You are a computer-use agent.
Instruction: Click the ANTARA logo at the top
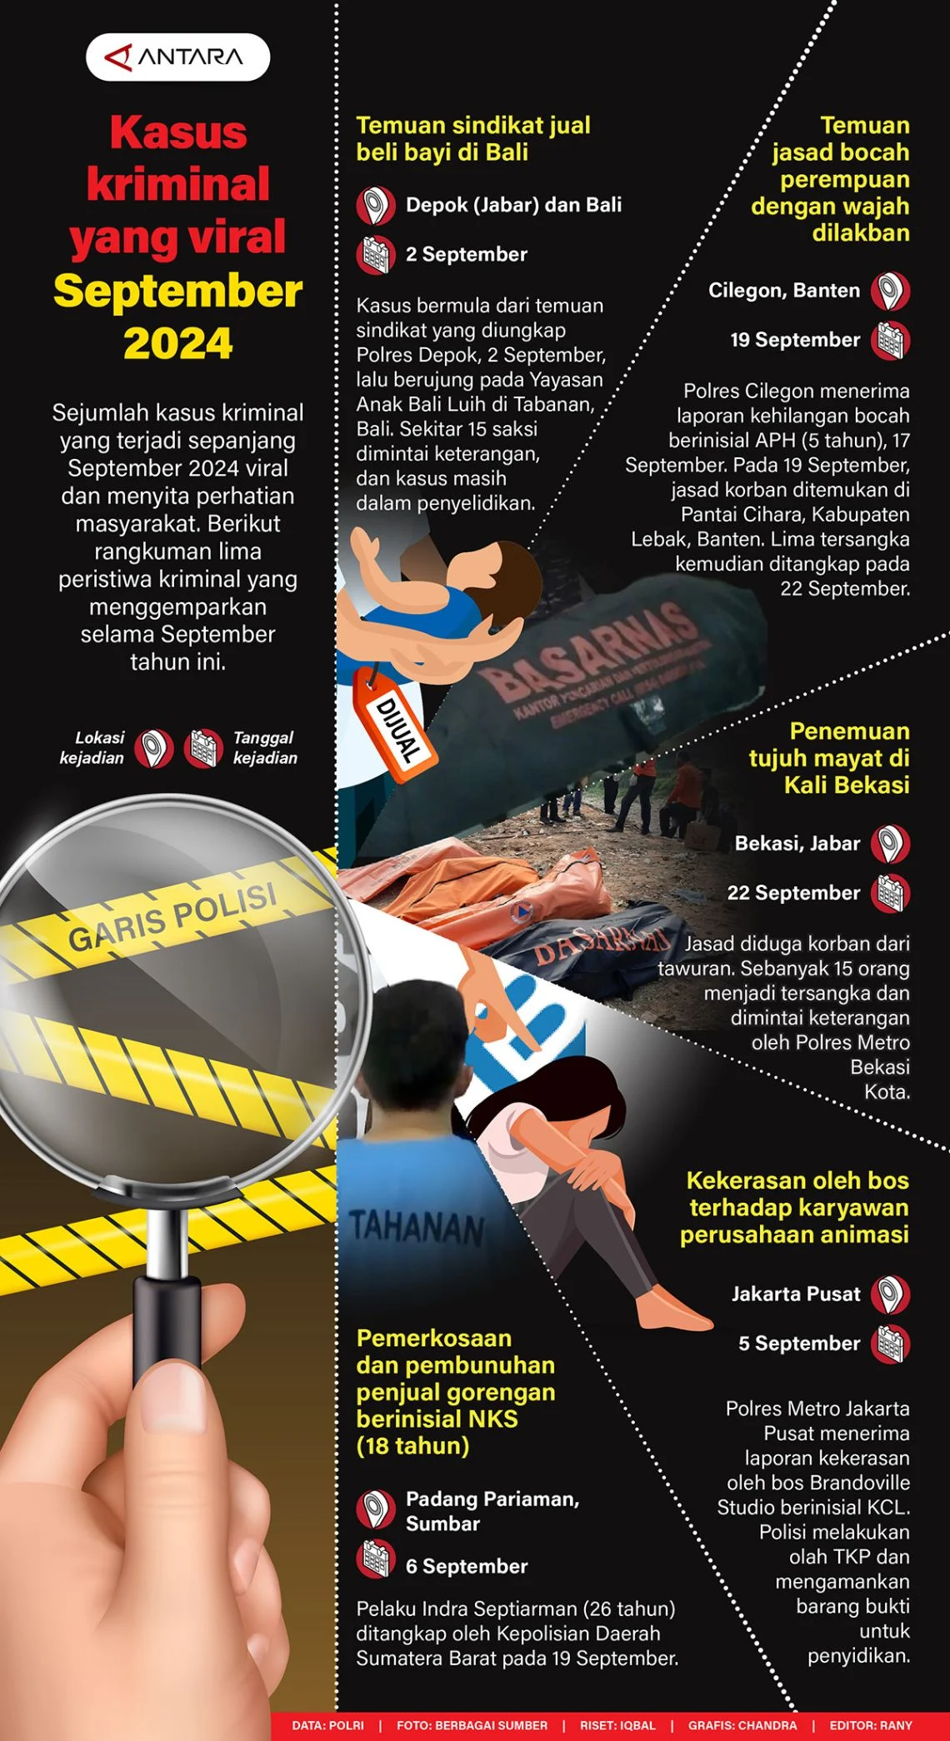click(x=177, y=57)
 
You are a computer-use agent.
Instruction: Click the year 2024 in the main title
click(x=177, y=343)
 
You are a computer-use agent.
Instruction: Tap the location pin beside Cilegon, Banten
click(x=890, y=292)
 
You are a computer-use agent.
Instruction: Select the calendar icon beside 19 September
click(x=890, y=341)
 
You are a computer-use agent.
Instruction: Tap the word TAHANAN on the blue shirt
click(x=417, y=1227)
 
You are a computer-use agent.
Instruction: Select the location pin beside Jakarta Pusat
click(x=890, y=1295)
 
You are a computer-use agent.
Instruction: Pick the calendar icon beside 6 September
click(x=376, y=1559)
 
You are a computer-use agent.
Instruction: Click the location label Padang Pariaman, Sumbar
click(x=492, y=1511)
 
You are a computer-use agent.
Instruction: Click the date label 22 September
click(x=793, y=893)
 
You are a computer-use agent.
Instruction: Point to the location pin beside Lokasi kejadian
click(x=154, y=748)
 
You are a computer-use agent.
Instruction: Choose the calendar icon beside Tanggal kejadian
click(x=204, y=748)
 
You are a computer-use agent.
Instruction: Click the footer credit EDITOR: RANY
click(x=871, y=1725)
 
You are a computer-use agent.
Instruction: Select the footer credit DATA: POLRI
click(x=327, y=1725)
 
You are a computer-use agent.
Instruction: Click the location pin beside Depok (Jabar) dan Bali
click(x=376, y=206)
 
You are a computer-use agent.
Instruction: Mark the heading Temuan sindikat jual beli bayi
click(x=473, y=138)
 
